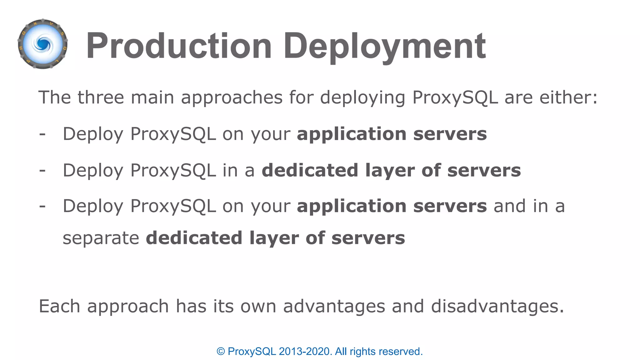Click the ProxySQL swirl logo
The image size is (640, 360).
point(43,44)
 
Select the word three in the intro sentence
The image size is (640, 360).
point(101,97)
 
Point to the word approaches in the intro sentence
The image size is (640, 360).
point(232,98)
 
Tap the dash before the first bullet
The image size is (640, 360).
point(42,134)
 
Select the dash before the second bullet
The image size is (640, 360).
point(42,171)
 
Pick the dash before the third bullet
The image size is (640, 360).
point(42,207)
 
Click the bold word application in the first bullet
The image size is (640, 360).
point(352,134)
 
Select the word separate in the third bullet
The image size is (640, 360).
point(101,238)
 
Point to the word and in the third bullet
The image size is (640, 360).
point(510,206)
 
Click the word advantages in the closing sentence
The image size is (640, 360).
point(334,306)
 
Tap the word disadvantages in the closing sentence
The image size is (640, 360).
point(497,306)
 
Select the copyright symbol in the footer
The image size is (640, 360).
point(221,352)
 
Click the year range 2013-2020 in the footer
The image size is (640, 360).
point(304,352)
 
